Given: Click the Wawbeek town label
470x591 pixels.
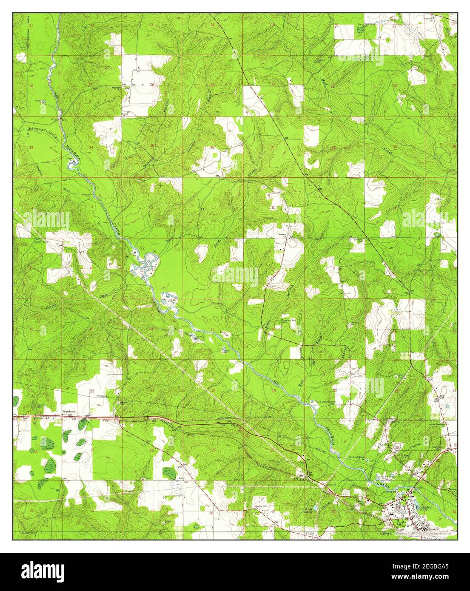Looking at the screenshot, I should [68, 412].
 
